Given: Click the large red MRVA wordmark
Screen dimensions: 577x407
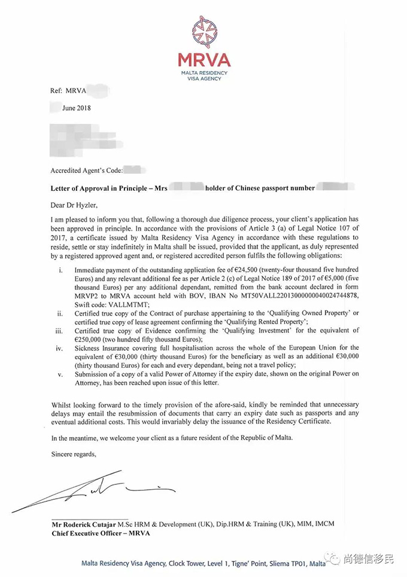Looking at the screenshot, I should pos(204,60).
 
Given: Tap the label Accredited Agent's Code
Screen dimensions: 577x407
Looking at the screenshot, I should pos(86,170).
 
